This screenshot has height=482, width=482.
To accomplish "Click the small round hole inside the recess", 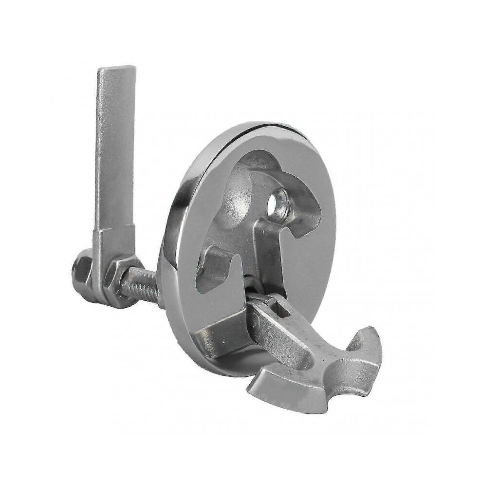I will coord(280,199).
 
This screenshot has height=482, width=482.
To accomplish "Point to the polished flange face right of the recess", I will coord(312,253).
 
